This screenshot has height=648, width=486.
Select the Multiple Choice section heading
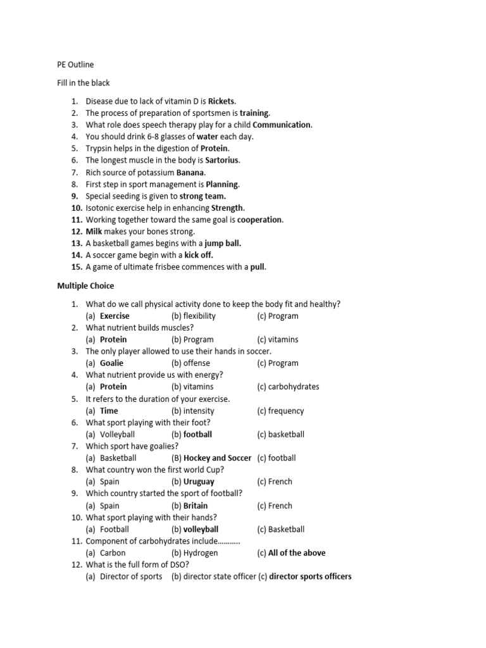pyautogui.click(x=85, y=286)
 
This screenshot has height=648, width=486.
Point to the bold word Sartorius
pyautogui.click(x=221, y=160)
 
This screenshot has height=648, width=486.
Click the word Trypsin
pyautogui.click(x=100, y=148)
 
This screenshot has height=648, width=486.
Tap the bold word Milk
pyautogui.click(x=94, y=232)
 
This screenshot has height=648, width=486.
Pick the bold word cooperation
pyautogui.click(x=259, y=220)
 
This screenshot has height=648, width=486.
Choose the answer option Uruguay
pyautogui.click(x=199, y=482)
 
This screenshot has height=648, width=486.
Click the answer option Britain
pyautogui.click(x=196, y=506)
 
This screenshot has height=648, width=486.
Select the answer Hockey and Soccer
pyautogui.click(x=217, y=458)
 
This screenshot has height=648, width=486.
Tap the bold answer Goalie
pyautogui.click(x=111, y=363)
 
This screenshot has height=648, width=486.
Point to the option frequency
pyautogui.click(x=285, y=411)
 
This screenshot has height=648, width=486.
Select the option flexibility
pyautogui.click(x=199, y=316)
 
